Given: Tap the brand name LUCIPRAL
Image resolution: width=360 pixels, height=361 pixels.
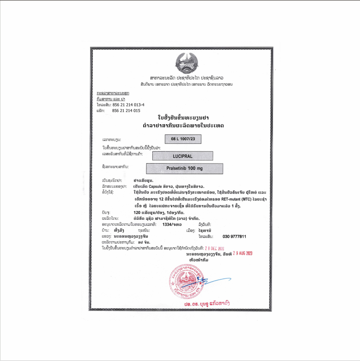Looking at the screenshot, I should tap(182, 156).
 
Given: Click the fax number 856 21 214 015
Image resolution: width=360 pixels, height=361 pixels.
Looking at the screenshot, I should tap(126, 111).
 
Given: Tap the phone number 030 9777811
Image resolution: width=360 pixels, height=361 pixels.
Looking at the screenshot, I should tap(234, 236).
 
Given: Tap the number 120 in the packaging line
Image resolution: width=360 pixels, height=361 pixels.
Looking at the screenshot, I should tap(133, 212).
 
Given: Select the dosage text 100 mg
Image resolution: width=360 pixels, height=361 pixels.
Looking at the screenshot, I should tap(195, 168).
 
